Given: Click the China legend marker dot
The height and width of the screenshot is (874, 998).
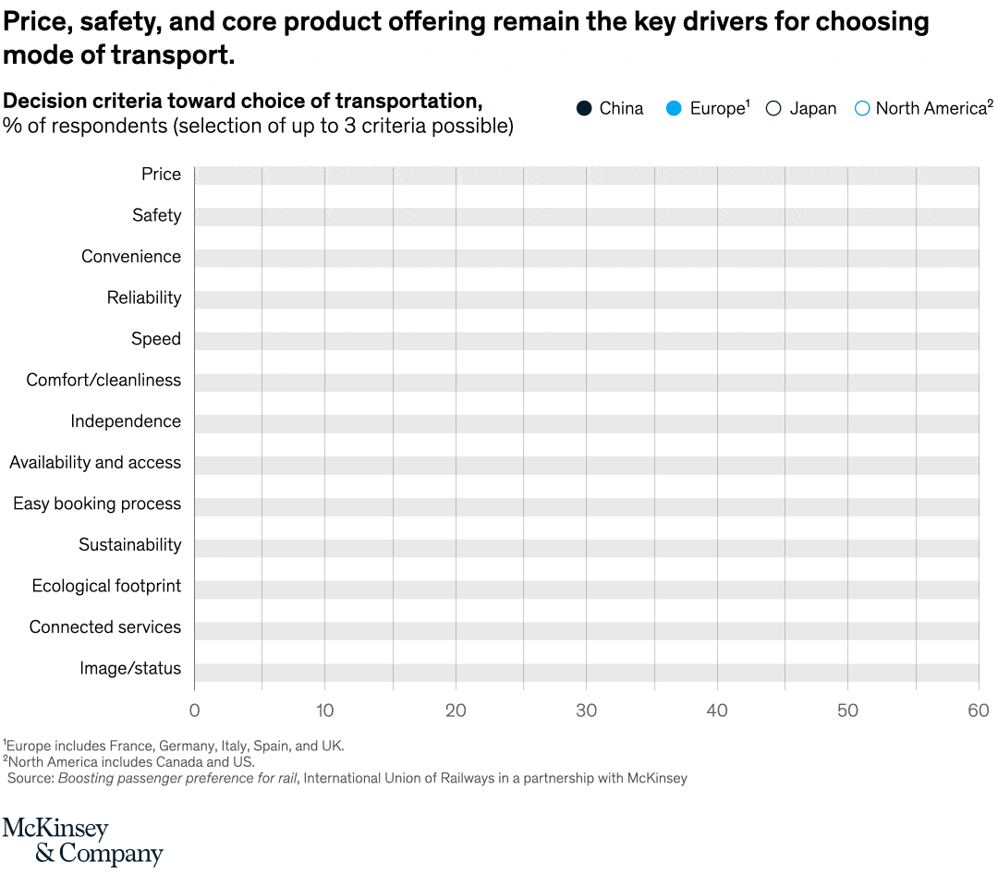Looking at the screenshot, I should [x=584, y=108].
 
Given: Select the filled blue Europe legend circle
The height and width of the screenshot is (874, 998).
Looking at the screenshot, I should [x=674, y=108].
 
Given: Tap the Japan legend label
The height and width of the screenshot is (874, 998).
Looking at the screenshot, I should [x=812, y=108].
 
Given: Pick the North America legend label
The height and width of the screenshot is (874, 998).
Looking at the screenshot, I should [x=931, y=108].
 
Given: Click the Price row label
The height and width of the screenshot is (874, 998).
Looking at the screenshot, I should [x=161, y=174].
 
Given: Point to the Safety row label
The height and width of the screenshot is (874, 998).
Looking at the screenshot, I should [x=156, y=215].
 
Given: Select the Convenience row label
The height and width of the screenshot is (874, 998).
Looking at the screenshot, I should [x=131, y=256].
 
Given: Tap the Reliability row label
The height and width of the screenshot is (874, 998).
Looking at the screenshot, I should [x=144, y=297].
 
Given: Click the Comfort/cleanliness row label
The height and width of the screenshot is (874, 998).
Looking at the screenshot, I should [x=103, y=380].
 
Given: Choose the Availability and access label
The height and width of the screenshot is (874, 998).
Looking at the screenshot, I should [x=95, y=462].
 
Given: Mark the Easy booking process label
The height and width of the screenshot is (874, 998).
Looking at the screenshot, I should [x=97, y=504].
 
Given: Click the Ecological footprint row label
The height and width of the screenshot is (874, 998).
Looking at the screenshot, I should [x=106, y=586].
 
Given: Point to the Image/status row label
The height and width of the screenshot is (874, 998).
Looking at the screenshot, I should [x=130, y=668].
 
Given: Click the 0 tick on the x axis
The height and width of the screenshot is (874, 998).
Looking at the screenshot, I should [x=194, y=710].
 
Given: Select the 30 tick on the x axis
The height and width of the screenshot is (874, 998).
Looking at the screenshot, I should [x=586, y=710].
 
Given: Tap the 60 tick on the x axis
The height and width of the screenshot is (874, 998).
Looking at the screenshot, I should [x=979, y=710].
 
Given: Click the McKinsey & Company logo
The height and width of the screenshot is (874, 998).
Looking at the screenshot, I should [x=82, y=840].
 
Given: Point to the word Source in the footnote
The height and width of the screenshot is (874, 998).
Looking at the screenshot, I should [x=30, y=778].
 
